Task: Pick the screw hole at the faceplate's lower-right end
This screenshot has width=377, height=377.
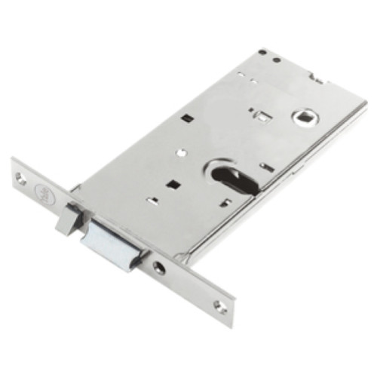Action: [219, 305]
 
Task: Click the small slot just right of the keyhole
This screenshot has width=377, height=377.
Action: [265, 165]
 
